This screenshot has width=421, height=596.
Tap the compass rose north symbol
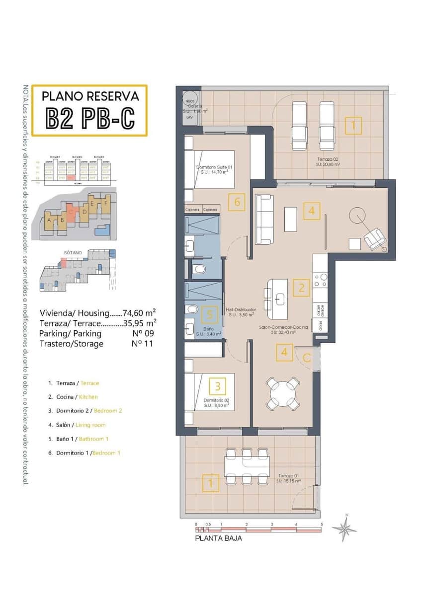coord(344,528)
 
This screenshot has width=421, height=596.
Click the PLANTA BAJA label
coord(218,538)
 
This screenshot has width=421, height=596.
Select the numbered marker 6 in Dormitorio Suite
coord(237,202)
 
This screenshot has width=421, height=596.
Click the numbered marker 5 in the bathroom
coord(210,314)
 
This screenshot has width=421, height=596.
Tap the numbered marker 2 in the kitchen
coord(301,288)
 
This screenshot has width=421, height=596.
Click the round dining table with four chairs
coord(283,394)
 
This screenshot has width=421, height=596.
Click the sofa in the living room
coord(264,219)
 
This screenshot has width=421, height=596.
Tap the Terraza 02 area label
coord(328,160)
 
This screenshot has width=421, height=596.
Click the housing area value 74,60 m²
coord(139,313)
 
